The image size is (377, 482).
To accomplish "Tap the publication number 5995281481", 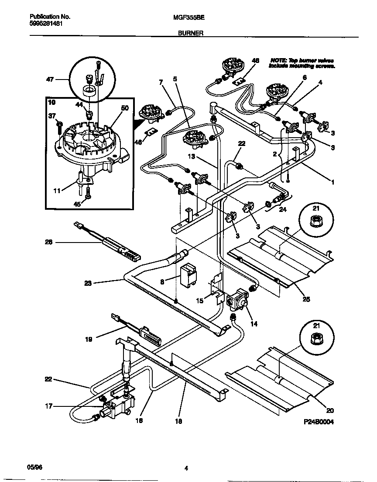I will (x=46, y=24).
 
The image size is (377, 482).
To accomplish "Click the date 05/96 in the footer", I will (x=34, y=467).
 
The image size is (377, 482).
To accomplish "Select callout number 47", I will (x=50, y=80).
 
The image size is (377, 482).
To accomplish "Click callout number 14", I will (x=254, y=324).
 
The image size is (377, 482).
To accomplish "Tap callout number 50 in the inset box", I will (x=125, y=108).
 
